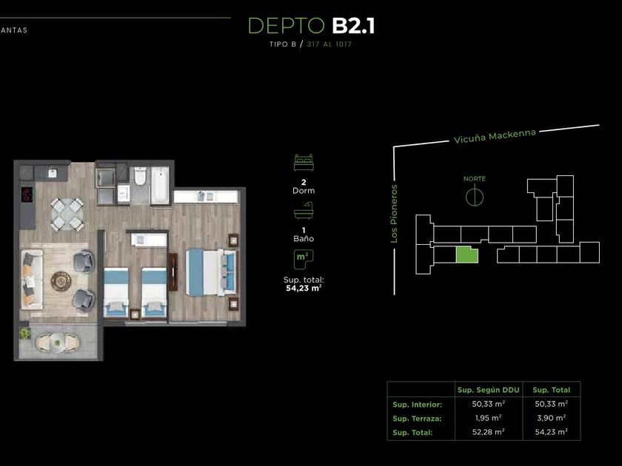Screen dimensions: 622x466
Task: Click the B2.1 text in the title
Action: pos(353,26)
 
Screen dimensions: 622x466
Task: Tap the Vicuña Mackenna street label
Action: pos(495,136)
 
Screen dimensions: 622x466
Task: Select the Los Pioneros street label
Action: pos(393,214)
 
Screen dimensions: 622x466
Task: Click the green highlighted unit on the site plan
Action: pos(467,255)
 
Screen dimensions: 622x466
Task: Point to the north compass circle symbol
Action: pos(475,196)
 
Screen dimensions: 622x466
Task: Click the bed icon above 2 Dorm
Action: pos(304,163)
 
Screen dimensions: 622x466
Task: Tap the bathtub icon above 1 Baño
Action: pos(304,210)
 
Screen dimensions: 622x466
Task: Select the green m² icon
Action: pos(304,259)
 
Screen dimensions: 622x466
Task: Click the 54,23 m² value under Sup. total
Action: pos(304,288)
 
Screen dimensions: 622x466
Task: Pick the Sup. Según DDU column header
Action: pos(488,390)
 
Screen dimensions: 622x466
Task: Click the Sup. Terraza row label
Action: pos(417,419)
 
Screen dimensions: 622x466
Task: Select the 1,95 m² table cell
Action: pos(488,418)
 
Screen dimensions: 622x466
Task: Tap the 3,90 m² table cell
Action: pos(552,418)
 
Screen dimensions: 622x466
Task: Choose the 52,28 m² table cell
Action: pos(488,431)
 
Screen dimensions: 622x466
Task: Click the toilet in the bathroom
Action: pos(140,176)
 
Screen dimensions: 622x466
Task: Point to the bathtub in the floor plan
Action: pos(160,185)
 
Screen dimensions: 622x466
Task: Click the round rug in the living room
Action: pos(61,281)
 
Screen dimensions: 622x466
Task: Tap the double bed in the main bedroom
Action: pos(212,272)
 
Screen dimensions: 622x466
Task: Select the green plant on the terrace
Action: pos(24,333)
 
